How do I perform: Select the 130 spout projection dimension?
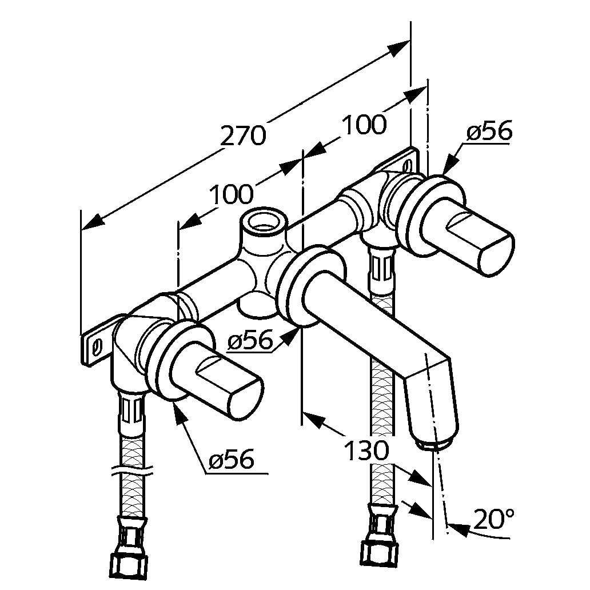point(366,452)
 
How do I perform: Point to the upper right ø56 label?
point(489,132)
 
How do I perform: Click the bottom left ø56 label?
point(231,459)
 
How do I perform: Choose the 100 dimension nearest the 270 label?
point(231,196)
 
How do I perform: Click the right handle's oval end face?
point(495,252)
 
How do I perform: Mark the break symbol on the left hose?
point(133,473)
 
